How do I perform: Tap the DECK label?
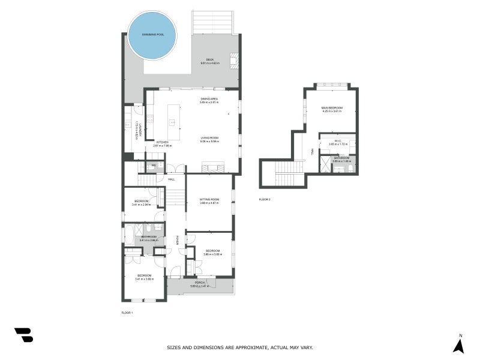pos(210,59)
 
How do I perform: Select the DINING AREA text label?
pos(209,98)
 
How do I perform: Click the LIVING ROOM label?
pos(209,138)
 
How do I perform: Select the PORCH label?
pos(200,283)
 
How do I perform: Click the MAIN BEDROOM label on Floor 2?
pos(332,108)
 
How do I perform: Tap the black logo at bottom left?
pos(23,335)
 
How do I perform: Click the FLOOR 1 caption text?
pos(127,313)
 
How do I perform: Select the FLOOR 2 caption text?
pos(265,199)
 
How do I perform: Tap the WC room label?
pos(154,164)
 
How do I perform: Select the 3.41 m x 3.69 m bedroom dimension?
pos(144,279)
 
